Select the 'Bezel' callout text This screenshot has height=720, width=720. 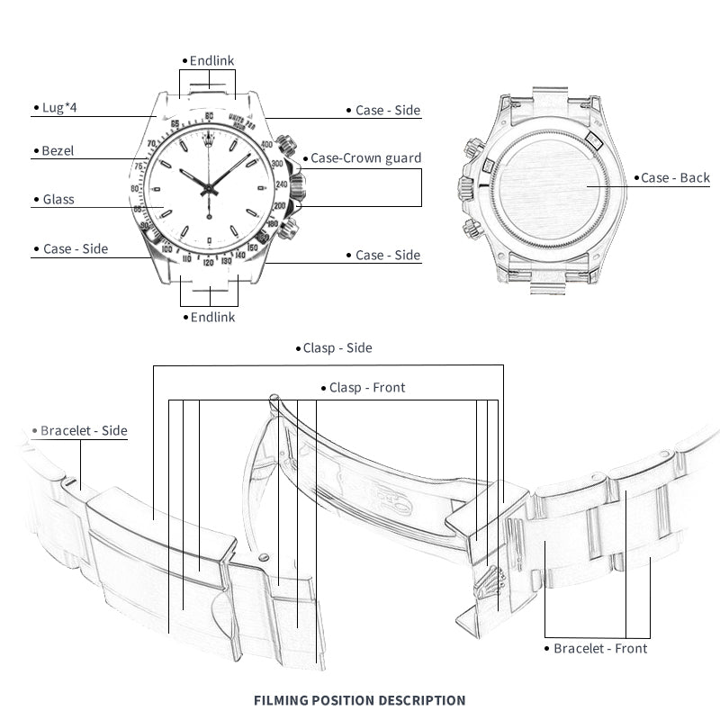pos(58,150)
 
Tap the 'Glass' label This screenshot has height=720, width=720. pos(58,199)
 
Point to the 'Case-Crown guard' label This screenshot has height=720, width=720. pos(365,157)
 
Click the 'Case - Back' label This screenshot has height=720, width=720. pos(675,177)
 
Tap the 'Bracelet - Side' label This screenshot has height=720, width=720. pos(84,431)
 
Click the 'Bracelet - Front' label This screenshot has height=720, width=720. pos(599,648)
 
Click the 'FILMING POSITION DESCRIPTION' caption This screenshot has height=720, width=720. pos(360,699)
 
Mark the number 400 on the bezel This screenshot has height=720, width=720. pos(266,144)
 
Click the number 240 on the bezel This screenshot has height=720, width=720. pos(281,184)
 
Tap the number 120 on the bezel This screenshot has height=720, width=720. pos(209,263)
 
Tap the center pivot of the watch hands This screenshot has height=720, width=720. pos(210,188)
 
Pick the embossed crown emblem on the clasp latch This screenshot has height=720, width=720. pos(492,569)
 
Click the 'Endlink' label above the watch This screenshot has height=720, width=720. pos(211,60)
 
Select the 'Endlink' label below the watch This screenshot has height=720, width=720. pos(211,317)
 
